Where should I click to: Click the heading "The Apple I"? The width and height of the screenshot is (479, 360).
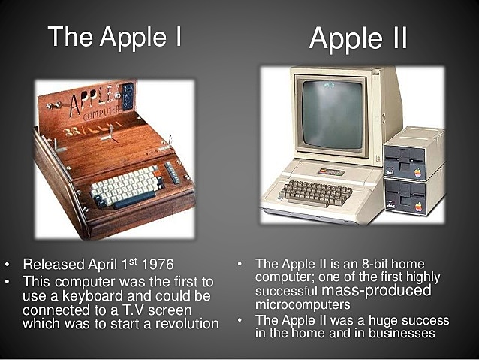tap(114, 36)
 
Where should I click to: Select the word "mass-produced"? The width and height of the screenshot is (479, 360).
tap(385, 291)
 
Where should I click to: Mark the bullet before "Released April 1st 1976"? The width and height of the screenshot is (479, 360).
tap(8, 265)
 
